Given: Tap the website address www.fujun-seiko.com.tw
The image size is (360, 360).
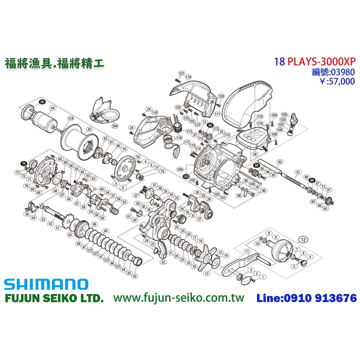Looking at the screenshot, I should (179, 298).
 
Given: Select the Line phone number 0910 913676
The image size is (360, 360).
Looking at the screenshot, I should (306, 298).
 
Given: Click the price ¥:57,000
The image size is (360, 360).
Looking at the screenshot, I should (337, 81).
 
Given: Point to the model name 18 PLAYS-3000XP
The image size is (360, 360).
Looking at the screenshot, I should (315, 61).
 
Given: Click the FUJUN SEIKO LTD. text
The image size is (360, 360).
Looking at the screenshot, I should (54, 298).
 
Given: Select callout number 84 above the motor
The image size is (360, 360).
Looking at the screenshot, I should (53, 108).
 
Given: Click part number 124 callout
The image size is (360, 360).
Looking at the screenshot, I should (71, 118).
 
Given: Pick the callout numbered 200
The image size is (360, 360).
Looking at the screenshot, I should (115, 126).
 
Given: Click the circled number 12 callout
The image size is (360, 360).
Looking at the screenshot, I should (304, 239).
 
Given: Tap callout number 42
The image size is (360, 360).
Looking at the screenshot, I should (135, 276).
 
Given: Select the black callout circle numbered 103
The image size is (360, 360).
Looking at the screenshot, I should (186, 177).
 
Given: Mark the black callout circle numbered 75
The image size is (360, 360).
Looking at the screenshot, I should (24, 163).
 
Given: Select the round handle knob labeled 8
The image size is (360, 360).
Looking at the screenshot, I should (282, 252).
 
